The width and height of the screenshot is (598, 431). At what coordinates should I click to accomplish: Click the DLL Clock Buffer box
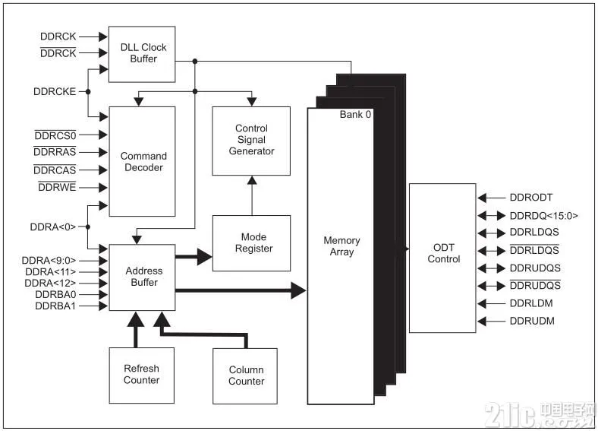click(x=142, y=54)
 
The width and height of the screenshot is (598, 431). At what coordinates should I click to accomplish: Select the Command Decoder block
click(x=142, y=161)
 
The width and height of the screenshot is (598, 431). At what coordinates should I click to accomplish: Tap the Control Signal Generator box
click(x=251, y=141)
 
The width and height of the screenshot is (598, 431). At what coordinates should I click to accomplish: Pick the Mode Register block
click(x=252, y=243)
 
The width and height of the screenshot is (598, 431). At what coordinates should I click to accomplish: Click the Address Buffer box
click(x=142, y=277)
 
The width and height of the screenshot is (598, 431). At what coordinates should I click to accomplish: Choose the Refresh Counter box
click(x=141, y=376)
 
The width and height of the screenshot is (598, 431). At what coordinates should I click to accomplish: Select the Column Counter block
click(x=245, y=376)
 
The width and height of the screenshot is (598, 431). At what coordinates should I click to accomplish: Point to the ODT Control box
click(x=442, y=258)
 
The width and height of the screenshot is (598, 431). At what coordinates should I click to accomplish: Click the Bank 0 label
click(x=355, y=114)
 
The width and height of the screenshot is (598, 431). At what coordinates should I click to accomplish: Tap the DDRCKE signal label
click(x=55, y=92)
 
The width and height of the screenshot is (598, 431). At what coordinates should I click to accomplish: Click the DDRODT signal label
click(x=531, y=198)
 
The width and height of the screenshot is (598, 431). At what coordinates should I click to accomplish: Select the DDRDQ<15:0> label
click(x=544, y=216)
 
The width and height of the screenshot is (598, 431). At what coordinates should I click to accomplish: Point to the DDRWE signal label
click(x=57, y=187)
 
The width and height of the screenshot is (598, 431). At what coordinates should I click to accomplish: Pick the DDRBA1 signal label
click(x=55, y=306)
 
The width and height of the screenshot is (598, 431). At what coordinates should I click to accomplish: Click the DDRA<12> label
click(x=50, y=283)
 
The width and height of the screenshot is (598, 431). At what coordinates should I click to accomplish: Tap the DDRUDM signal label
click(x=532, y=321)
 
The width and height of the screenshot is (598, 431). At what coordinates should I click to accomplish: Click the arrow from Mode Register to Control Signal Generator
click(x=252, y=195)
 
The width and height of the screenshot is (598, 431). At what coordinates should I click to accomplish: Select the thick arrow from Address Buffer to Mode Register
click(x=194, y=256)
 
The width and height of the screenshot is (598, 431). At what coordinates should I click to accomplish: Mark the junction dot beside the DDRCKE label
click(x=88, y=92)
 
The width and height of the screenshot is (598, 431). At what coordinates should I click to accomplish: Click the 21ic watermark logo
click(x=540, y=415)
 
